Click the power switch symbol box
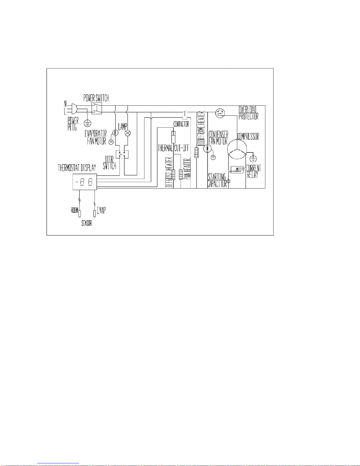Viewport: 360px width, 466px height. point(97,108)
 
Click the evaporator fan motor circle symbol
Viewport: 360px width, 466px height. point(115,133)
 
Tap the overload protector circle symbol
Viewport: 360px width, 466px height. point(220,113)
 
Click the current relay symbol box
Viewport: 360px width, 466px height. point(237,169)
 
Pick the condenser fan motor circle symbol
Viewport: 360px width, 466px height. point(207,148)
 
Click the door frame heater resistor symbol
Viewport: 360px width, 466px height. point(196,152)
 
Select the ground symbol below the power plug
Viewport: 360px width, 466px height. point(88,123)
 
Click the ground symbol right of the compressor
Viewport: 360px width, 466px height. point(253,159)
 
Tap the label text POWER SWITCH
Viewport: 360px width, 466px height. point(96,98)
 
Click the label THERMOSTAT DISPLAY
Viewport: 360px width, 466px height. point(77,168)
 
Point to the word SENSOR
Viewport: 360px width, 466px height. point(87,223)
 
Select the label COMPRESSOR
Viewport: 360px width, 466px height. point(248,136)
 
